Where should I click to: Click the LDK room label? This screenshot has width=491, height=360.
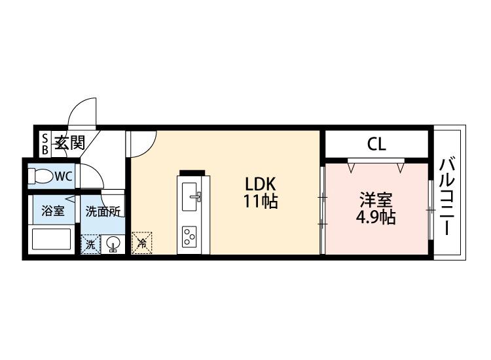pyautogui.click(x=260, y=185)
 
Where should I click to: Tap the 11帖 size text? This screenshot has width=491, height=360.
pyautogui.click(x=261, y=201)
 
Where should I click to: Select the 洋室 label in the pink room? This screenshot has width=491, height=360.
pyautogui.click(x=376, y=200)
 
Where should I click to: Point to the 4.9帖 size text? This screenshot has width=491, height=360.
pyautogui.click(x=376, y=217)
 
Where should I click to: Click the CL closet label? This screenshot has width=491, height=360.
pyautogui.click(x=376, y=144)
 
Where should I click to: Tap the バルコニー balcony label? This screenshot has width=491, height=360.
pyautogui.click(x=448, y=196)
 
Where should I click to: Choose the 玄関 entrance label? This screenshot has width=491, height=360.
pyautogui.click(x=70, y=143)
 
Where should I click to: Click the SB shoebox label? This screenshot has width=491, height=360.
pyautogui.click(x=45, y=144)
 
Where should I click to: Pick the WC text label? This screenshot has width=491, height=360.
pyautogui.click(x=64, y=176)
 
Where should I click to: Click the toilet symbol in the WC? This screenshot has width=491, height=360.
pyautogui.click(x=41, y=176)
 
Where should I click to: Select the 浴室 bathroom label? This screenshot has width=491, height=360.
pyautogui.click(x=53, y=211)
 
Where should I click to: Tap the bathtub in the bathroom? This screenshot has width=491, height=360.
pyautogui.click(x=51, y=239)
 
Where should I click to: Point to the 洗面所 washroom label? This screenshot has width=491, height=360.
pyautogui.click(x=103, y=211)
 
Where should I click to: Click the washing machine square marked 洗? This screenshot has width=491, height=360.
pyautogui.click(x=90, y=244)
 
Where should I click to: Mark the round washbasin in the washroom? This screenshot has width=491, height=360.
pyautogui.click(x=113, y=243)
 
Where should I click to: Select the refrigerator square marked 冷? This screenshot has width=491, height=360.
pyautogui.click(x=141, y=243)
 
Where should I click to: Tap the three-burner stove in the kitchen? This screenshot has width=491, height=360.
pyautogui.click(x=189, y=236)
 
